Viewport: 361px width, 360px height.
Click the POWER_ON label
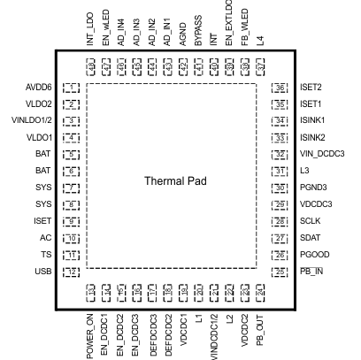pos(91,332)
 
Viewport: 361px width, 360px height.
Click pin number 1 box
pos(72,88)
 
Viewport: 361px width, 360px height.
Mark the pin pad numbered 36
pos(280,88)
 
